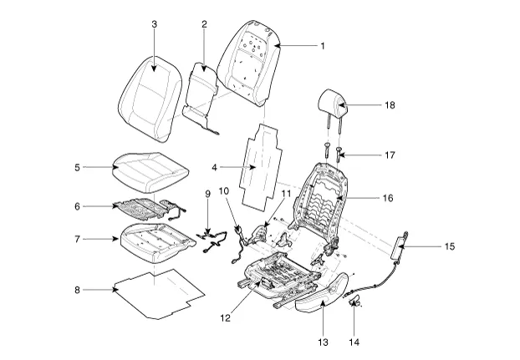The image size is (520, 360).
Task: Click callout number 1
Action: tap(323, 46)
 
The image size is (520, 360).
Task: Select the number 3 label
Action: tap(154, 24)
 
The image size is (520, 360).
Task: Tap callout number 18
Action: tap(390, 105)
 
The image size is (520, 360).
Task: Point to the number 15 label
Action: tap(450, 246)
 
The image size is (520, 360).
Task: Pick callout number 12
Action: tap(225, 318)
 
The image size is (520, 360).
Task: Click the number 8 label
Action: tap(77, 290)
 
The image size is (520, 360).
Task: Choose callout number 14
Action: tap(354, 342)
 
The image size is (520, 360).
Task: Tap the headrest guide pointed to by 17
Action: tap(339, 154)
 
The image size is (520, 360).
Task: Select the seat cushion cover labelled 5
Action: tap(150, 173)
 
